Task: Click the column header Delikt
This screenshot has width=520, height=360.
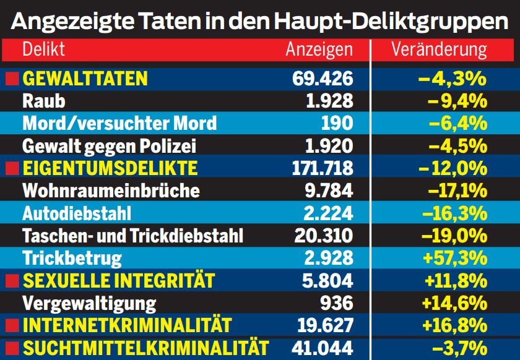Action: point(43,50)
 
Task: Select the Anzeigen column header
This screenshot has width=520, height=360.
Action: point(319,50)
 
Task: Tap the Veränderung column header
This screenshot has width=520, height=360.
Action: point(439,50)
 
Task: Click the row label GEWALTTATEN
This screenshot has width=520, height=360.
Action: point(85,79)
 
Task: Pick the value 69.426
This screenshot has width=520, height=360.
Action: point(323,79)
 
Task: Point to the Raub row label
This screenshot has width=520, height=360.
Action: point(43,101)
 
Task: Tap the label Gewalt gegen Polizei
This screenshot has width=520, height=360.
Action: point(109,145)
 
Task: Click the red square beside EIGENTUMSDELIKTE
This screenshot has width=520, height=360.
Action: point(11,168)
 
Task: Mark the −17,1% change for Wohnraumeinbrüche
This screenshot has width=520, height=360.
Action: point(453,190)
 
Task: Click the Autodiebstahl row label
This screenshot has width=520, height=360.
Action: point(77,213)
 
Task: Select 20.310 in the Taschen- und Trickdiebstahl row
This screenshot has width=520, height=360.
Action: point(321,235)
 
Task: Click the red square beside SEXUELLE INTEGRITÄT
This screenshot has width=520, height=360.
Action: point(11,280)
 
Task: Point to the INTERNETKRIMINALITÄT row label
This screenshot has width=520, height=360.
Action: point(127,325)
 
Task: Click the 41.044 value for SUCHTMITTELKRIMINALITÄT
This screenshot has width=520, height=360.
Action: point(321,348)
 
